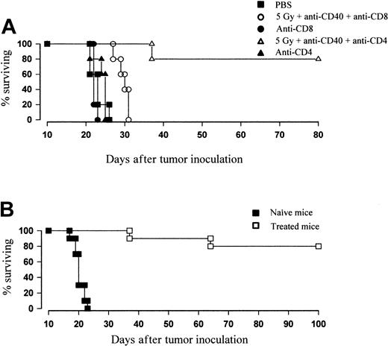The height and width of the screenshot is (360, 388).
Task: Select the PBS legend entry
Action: (x=281, y=6)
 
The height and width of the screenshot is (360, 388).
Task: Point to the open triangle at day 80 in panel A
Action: (x=319, y=59)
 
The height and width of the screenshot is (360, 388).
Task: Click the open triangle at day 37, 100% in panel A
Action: (x=151, y=44)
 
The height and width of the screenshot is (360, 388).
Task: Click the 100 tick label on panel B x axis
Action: (x=319, y=323)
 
